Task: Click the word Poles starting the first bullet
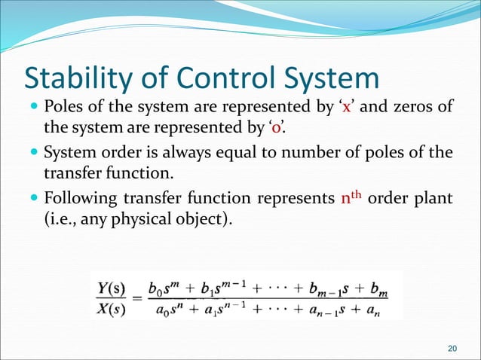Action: click(66, 106)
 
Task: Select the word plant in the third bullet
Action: click(434, 200)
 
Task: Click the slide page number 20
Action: click(452, 347)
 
